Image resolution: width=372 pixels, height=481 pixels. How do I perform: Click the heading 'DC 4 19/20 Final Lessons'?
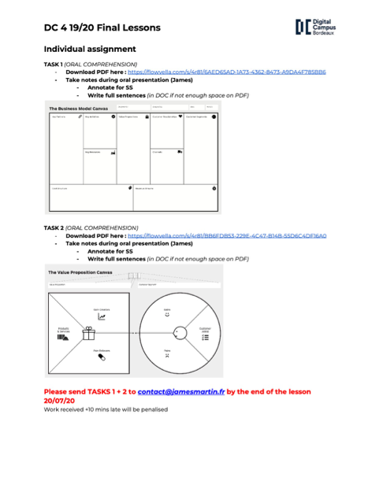coord(102,28)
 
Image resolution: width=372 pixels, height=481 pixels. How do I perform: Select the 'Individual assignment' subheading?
coord(91,49)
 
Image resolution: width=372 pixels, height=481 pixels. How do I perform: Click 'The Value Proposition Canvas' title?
coord(82,272)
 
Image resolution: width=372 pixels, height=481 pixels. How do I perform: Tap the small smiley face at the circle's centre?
coord(177,334)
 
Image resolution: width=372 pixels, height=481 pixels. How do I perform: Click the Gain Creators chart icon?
coord(101,316)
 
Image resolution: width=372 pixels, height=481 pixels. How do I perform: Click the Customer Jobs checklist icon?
coord(205,337)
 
